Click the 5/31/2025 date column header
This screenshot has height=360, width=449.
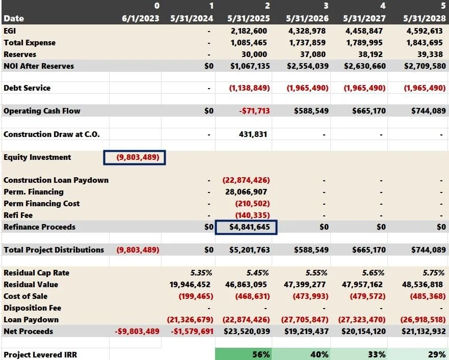click(249, 19)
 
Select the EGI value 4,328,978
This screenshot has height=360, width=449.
click(307, 31)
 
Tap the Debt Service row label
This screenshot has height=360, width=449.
click(27, 88)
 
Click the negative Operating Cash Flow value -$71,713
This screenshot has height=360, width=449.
click(254, 110)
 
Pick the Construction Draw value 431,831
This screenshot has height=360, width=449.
click(253, 134)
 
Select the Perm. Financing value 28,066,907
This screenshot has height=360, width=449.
click(246, 192)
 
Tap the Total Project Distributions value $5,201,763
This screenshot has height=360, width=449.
click(249, 250)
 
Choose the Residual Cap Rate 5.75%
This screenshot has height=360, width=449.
click(434, 273)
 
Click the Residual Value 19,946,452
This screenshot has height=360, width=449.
click(190, 285)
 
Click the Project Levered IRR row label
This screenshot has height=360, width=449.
click(40, 354)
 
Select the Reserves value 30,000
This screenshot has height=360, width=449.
click(254, 54)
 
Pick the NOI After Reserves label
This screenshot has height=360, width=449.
click(39, 66)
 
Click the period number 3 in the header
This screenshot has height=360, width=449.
click(326, 6)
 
